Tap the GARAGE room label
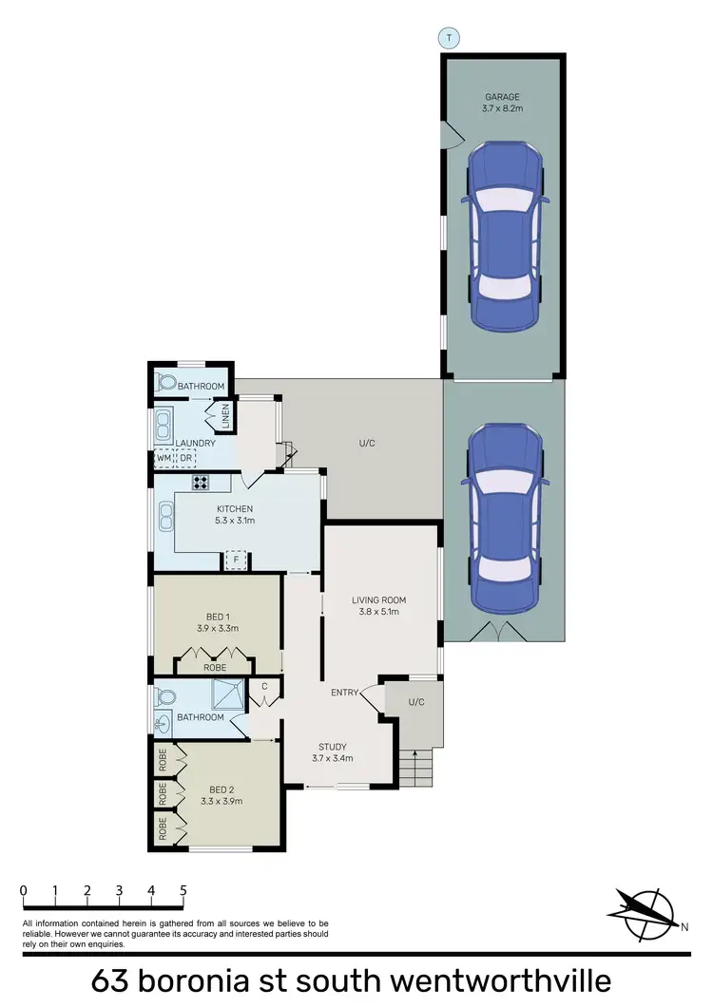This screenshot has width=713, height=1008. pos(503,96)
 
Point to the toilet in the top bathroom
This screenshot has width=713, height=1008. pos(167,384)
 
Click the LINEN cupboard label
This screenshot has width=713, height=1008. pos(226,415)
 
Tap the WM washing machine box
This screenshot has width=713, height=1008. pos(164,459)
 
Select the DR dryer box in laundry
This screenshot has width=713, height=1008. pos(186,459)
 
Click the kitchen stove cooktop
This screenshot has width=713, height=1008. pos(201,482)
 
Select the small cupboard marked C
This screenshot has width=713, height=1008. pos(264,686)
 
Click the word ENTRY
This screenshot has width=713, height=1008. pos(343,693)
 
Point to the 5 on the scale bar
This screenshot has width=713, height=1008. pos(183,891)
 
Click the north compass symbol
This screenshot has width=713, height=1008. pos(644,906)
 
